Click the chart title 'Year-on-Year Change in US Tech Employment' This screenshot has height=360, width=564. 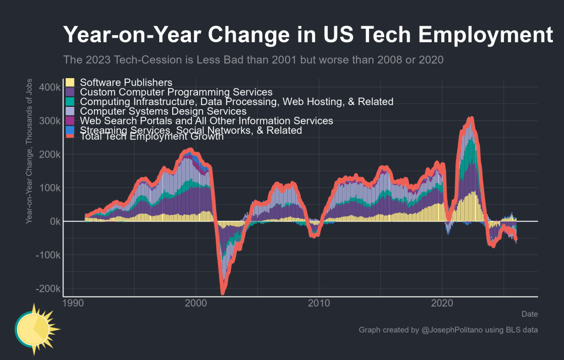pos(308,35)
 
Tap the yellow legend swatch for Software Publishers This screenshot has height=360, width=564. pos(70,82)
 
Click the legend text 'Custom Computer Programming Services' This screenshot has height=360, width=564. pos(176,92)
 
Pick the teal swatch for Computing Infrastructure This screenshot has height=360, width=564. pos(70,102)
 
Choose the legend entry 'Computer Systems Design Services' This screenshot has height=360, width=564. pos(163,111)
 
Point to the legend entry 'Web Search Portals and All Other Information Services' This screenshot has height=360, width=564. pos(206,120)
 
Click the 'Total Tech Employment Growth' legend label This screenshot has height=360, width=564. pos(152,137)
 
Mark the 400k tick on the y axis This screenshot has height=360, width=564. pos(49,87)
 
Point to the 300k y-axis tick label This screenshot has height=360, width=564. pos(49,121)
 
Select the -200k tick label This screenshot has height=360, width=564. pos(47,289)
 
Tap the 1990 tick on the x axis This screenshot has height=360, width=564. pos(72,304)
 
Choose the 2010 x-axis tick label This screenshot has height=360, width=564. pos(318,304)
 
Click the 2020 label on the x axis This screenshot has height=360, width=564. pos(441,304)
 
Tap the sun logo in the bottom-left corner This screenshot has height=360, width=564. pos(35,329)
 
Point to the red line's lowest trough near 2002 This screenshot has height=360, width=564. pos(223,292)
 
